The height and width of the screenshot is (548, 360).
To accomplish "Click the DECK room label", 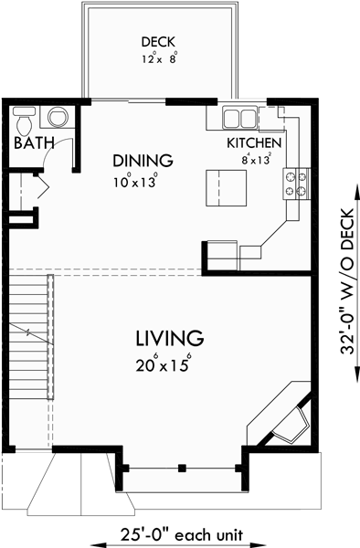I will (x=158, y=42).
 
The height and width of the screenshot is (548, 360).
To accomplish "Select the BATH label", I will (x=33, y=142).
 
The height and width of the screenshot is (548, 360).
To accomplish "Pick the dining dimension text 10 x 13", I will (x=135, y=181).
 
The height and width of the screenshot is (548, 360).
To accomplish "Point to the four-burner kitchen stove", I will (x=297, y=183).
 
